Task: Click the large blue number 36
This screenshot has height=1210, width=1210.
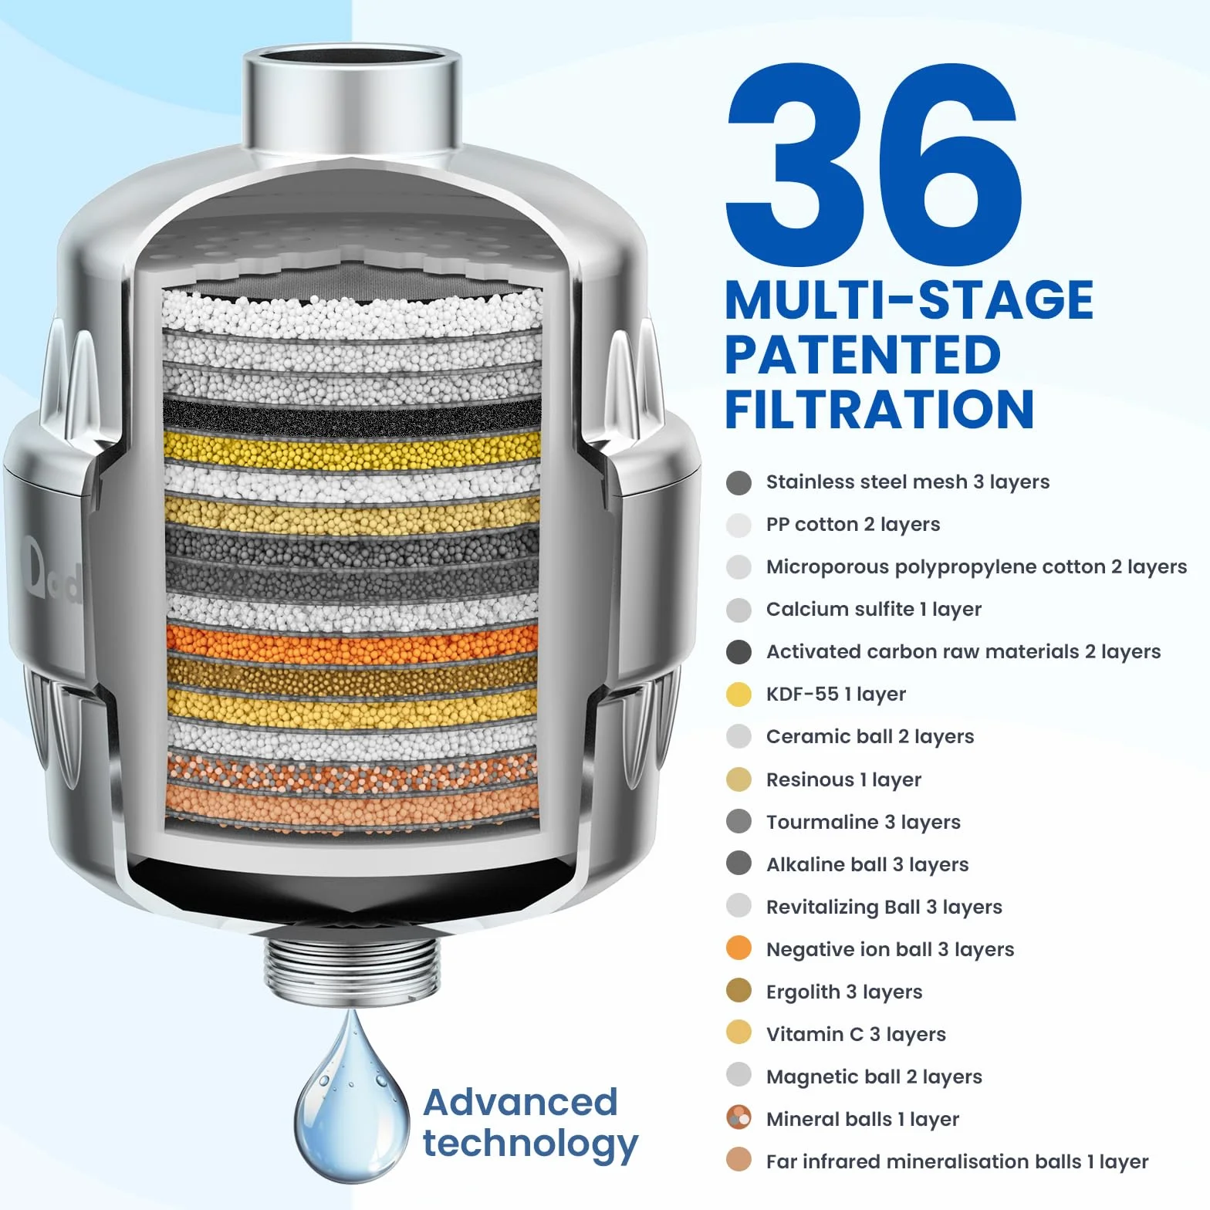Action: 874,164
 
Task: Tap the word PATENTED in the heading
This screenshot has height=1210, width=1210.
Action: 863,355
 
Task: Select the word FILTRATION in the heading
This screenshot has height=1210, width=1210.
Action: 880,409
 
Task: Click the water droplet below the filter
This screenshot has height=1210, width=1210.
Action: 351,1096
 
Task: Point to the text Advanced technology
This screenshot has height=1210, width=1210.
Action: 530,1123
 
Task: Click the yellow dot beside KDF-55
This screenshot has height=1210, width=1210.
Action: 739,694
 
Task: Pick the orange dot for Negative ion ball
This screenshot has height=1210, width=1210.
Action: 739,948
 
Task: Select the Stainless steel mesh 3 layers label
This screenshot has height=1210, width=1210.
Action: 907,482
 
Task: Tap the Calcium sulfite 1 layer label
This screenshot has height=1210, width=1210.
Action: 874,609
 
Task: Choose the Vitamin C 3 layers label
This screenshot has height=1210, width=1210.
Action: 856,1034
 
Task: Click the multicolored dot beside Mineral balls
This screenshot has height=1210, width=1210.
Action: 739,1118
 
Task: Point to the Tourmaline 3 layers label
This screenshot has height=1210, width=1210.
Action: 863,822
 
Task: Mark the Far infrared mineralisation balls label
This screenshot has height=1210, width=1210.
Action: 957,1161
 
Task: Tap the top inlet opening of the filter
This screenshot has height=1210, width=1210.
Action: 352,62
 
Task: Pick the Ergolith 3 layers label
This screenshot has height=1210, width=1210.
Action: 844,992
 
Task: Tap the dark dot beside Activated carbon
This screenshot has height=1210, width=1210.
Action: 739,651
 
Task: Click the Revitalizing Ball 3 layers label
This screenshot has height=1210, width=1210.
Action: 884,907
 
